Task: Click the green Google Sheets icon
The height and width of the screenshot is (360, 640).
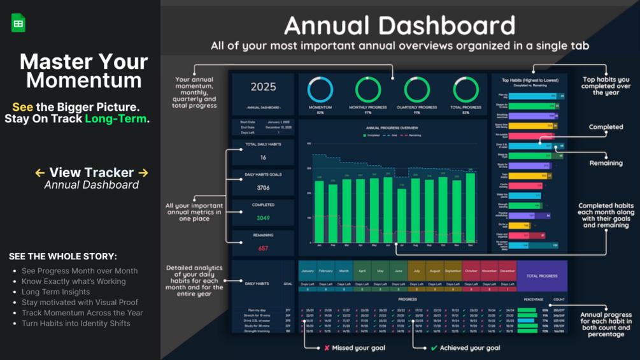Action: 18,23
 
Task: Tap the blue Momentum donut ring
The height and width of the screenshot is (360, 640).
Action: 320,90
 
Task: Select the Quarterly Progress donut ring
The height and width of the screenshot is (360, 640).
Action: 416,90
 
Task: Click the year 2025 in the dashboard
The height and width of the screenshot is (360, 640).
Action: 263,87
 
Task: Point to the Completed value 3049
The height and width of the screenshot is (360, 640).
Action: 263,218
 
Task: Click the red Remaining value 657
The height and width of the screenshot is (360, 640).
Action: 263,248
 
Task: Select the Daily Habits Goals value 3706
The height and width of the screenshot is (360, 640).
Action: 263,188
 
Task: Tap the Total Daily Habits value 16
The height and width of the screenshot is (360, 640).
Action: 263,157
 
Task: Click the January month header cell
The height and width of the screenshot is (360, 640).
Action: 308,271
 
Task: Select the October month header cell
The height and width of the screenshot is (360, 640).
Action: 471,271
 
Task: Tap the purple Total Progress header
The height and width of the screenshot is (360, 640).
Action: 542,276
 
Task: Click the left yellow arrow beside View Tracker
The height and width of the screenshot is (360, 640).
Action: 39,173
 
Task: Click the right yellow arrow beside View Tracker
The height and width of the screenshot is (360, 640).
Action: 143,173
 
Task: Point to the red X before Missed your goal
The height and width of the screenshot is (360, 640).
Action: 327,348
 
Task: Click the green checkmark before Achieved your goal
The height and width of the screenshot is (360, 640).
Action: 434,348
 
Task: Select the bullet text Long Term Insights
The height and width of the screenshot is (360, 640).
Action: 55,292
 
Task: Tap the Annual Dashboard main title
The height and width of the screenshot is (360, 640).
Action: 399,26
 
